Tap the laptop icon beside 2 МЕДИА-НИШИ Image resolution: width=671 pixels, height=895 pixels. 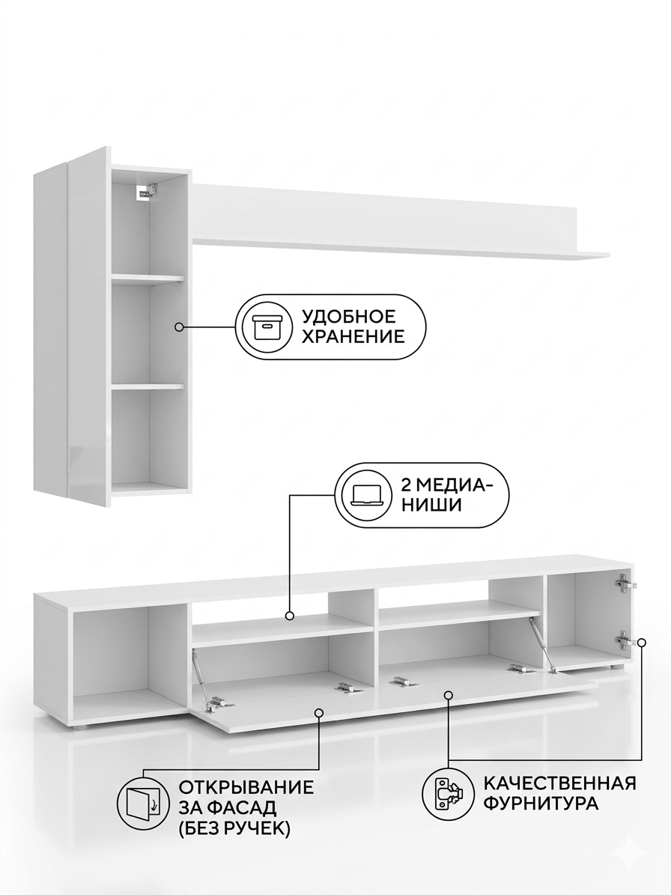click(x=365, y=494)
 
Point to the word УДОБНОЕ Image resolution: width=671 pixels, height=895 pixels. click(x=348, y=316)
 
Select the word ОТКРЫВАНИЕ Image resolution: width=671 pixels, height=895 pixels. click(x=246, y=787)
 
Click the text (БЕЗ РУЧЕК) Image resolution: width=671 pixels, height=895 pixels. click(x=235, y=828)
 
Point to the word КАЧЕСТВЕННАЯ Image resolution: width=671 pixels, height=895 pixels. click(x=559, y=782)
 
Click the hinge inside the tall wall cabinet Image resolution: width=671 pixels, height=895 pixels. click(x=145, y=191)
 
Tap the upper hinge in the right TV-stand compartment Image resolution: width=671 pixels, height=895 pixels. click(x=624, y=583)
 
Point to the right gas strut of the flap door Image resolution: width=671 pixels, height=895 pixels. click(x=542, y=642)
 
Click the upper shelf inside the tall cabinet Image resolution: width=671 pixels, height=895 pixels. click(x=148, y=279)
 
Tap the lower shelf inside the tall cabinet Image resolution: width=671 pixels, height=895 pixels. click(x=148, y=386)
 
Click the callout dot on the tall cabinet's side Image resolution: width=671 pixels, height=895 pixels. click(x=179, y=327)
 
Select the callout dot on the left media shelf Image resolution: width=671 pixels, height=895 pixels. click(x=290, y=616)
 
